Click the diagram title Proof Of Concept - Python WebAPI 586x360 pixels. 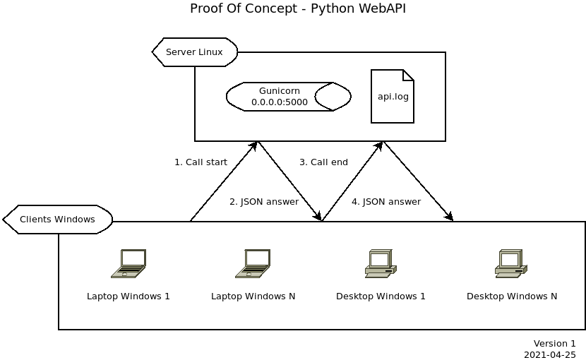pos(298,8)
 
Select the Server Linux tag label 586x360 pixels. pos(194,52)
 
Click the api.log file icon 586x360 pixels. pos(393,97)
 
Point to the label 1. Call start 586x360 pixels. pos(201,162)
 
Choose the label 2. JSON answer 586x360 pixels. pos(264,202)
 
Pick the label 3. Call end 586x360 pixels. pos(323,162)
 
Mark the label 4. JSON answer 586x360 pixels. pos(386,202)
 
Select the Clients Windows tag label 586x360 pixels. pos(57,220)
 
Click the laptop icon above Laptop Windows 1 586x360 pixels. pos(128,263)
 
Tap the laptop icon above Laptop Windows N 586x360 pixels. pos(253,263)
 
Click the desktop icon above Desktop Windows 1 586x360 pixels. pos(381,263)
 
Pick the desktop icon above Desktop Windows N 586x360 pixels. pos(511,263)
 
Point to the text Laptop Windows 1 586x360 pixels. pos(128,296)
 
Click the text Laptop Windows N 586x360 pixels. pos(253,296)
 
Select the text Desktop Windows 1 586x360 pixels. pos(381,296)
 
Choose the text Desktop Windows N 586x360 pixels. pos(512,296)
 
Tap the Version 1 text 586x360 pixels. pos(554,344)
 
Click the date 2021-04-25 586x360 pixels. pos(549,355)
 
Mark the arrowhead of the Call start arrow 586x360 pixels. pos(254,145)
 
